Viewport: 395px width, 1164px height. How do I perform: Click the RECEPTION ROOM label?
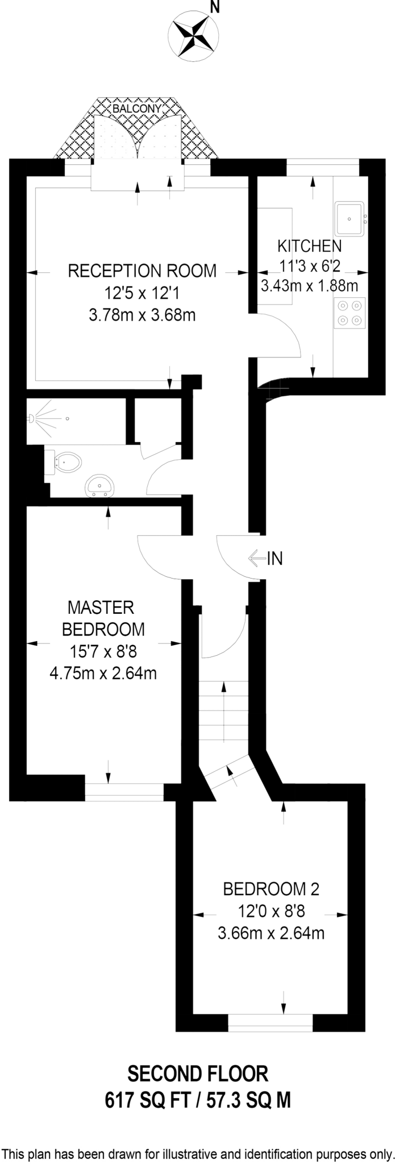click(142, 271)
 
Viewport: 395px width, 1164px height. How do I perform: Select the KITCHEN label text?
click(309, 246)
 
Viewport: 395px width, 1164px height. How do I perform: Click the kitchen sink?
click(350, 218)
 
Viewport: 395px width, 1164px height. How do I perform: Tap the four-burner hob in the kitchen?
click(350, 313)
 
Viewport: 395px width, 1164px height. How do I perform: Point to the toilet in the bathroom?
click(65, 462)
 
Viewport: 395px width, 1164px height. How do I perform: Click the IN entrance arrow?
click(257, 559)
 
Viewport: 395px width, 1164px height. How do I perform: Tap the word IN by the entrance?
click(275, 559)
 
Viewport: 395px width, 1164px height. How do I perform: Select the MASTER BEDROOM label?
click(102, 618)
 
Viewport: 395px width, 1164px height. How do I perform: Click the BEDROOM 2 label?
click(271, 888)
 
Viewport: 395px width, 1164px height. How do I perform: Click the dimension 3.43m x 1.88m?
click(309, 285)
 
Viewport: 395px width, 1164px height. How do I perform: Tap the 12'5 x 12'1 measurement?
click(142, 293)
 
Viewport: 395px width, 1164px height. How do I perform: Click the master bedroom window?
click(124, 792)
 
